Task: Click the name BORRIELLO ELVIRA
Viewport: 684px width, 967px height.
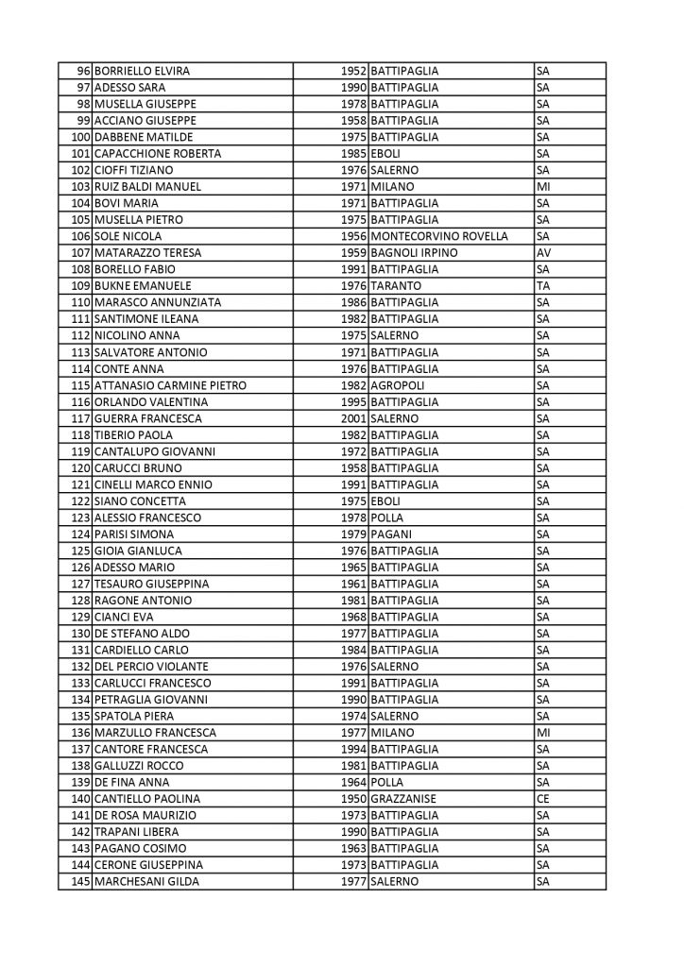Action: pyautogui.click(x=143, y=71)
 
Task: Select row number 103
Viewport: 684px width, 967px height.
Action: pyautogui.click(x=80, y=186)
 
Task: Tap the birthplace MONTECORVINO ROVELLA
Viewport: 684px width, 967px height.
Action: pyautogui.click(x=440, y=236)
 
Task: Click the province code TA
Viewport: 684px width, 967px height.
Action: pyautogui.click(x=542, y=286)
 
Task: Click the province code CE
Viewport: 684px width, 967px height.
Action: pyautogui.click(x=542, y=799)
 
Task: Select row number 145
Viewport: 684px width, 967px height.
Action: pyautogui.click(x=80, y=882)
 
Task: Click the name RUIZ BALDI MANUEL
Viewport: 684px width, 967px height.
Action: pyautogui.click(x=148, y=186)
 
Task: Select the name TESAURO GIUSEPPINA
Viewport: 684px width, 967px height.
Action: pyautogui.click(x=152, y=584)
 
